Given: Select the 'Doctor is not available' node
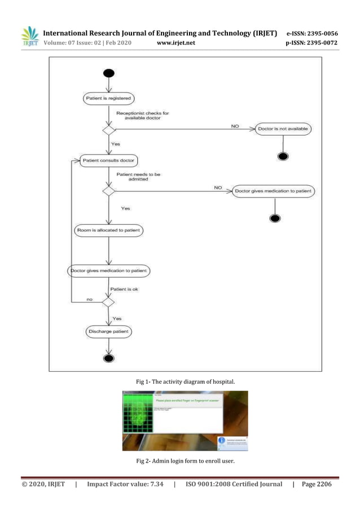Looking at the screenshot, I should coord(283,129).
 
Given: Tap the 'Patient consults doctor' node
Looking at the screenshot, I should coord(108,160).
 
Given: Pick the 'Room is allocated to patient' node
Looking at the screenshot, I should coord(108,230).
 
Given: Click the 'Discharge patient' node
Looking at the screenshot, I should coord(108,332).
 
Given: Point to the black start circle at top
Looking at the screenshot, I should coord(108,73).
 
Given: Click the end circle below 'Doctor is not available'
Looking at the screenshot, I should coord(283,156).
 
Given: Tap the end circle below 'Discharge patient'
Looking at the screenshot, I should coord(108,358).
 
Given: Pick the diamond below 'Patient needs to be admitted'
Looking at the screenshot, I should coord(108,191).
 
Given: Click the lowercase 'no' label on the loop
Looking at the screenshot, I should coord(90,299).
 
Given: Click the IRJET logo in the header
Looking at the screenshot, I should coord(29,37).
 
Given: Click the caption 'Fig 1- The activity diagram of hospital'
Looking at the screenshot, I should coord(186,383).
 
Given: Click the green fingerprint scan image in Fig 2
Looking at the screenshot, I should coord(135,420).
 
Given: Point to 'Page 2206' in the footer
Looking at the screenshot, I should coord(317,484).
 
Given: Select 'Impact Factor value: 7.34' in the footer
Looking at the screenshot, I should coord(125,484).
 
